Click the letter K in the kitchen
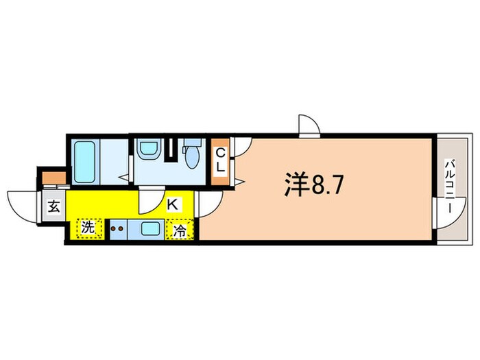point(172,203)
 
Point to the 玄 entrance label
point(53,206)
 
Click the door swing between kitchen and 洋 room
point(209,202)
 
